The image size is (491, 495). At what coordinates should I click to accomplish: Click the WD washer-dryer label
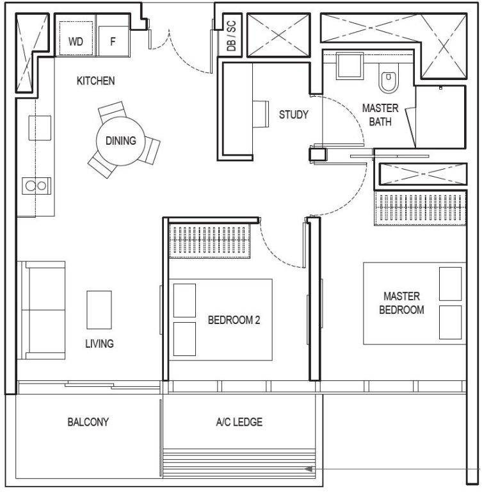point(76,42)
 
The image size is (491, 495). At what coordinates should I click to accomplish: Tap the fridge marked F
point(113,41)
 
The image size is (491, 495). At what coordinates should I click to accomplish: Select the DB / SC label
point(231,36)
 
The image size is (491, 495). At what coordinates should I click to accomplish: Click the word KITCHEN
point(95,81)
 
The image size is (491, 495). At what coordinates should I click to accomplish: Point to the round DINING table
point(120,141)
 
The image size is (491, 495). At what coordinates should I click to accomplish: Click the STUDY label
point(293,114)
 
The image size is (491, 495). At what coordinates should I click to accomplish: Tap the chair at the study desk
point(261,114)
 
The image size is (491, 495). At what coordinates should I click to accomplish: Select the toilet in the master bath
point(389,79)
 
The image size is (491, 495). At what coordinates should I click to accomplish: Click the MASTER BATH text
point(380,115)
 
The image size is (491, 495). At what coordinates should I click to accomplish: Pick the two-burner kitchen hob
point(36,186)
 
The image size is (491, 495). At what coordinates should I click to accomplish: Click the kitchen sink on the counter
point(40,128)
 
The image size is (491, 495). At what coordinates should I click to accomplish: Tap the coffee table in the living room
point(99,310)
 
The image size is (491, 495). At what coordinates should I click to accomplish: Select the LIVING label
point(99,343)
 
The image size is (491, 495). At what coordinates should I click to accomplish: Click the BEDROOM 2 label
point(234,320)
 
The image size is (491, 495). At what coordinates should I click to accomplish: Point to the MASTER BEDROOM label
point(401,303)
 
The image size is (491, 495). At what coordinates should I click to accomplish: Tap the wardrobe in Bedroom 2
point(210,241)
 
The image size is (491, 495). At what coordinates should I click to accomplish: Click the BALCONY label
point(88,422)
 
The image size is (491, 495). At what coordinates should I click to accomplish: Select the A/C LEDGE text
point(239,422)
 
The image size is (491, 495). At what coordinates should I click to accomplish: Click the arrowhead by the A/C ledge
point(309,469)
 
